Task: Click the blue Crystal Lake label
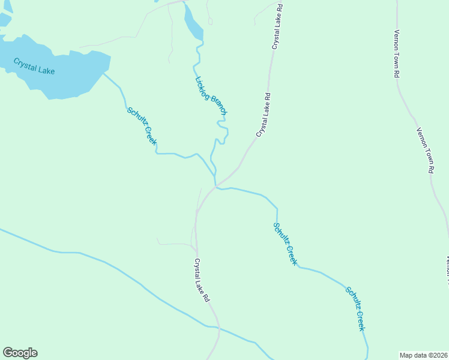[34, 66]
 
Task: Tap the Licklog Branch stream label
[211, 95]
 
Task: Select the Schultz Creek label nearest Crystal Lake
[142, 126]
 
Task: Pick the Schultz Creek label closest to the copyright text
[355, 308]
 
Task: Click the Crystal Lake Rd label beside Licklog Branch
[264, 115]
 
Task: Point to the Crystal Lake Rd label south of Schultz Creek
[202, 280]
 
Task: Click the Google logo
[20, 353]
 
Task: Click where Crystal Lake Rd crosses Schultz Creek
[215, 187]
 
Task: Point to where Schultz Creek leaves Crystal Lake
[103, 74]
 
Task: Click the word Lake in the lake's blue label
[45, 69]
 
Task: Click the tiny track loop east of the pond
[210, 21]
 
